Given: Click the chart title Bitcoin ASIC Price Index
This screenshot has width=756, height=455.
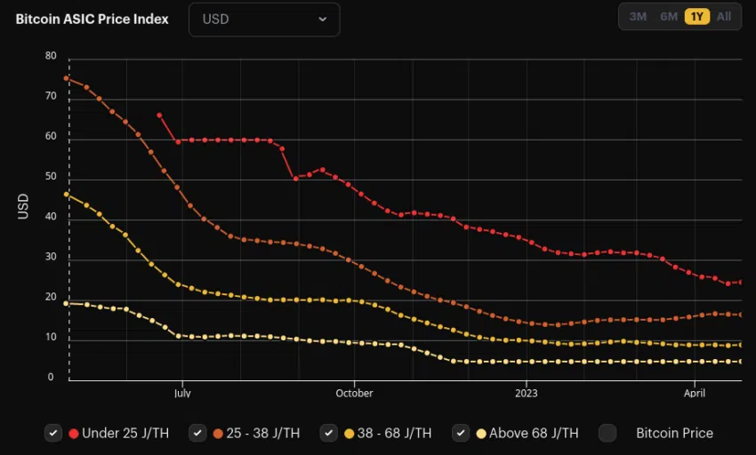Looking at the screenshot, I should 92,19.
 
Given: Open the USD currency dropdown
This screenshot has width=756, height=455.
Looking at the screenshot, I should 263,19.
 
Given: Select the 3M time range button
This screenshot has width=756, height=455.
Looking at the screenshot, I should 638,17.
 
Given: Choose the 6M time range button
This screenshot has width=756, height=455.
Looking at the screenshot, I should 669,17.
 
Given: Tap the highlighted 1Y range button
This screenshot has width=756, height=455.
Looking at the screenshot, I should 697,17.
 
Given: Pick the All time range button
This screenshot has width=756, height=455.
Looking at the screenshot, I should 724,17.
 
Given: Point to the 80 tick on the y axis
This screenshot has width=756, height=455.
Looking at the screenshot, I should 51,56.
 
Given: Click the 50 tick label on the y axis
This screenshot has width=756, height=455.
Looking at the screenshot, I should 51,177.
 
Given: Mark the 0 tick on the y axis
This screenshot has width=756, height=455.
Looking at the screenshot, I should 51,378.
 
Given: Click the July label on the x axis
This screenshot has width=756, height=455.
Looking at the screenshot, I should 182,393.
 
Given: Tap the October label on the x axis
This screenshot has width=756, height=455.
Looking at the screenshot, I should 354,393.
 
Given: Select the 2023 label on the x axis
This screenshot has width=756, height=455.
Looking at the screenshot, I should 526,393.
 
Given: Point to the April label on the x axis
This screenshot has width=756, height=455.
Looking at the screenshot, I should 695,393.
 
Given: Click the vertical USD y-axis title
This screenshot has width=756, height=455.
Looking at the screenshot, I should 24,206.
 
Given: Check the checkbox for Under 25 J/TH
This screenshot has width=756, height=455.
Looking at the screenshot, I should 53,433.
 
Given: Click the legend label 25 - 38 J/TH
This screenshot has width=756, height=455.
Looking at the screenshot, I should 263,433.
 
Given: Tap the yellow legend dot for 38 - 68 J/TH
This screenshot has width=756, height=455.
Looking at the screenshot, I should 350,434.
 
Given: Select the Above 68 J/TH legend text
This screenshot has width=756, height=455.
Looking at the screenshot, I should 534,433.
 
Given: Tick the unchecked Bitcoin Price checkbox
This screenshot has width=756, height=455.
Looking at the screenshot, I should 607,433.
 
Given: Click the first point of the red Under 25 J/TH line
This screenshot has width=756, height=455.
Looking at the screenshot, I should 159,115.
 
